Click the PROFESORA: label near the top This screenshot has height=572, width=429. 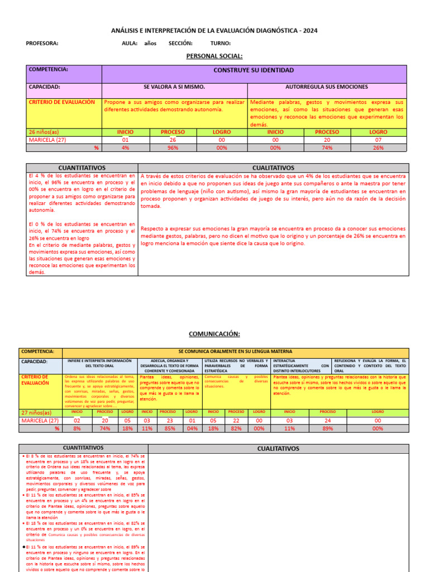coord(42,43)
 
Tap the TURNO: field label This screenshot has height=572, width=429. coord(221,43)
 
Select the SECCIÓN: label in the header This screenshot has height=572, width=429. coord(180,43)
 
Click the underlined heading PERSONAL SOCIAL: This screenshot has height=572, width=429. coord(214,56)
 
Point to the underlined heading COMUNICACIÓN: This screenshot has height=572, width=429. coord(214,333)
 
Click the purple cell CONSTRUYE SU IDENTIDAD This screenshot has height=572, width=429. coord(254,70)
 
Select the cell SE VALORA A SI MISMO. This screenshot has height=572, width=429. coord(174,87)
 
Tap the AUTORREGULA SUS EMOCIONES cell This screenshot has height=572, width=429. coord(327,87)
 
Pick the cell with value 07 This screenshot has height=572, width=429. coord(378,140)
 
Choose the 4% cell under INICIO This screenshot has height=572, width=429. coord(125,147)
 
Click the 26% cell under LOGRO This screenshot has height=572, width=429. coord(378,147)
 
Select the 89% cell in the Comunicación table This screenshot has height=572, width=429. coord(327,428)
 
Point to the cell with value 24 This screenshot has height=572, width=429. coord(327,420)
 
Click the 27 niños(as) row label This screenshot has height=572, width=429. coord(38,412)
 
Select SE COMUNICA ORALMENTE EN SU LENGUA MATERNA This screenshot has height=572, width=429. coord(235,351)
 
